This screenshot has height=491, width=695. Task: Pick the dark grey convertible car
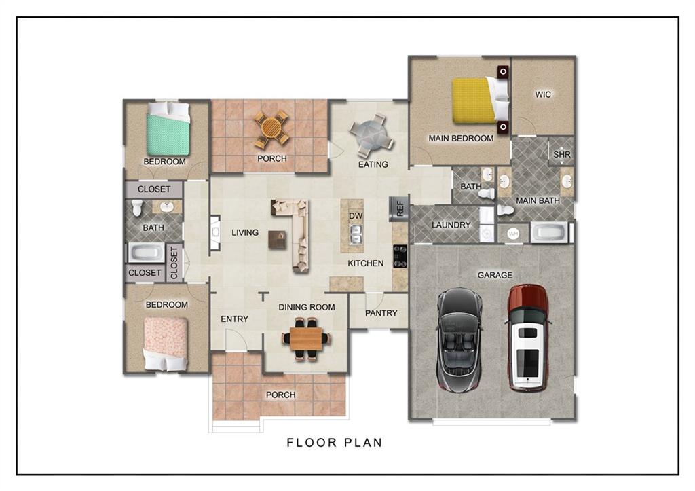coord(459,340)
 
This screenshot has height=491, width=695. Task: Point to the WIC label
coord(543,94)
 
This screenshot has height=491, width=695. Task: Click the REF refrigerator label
coord(400,208)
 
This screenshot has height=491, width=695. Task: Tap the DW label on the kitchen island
coord(356,216)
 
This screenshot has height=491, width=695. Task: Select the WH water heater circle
coord(513,234)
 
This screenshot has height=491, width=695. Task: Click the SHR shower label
coord(561,155)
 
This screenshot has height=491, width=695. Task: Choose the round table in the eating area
coord(371,135)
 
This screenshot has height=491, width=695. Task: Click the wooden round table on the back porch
coord(271,128)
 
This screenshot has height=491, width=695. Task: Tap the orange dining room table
coord(306,339)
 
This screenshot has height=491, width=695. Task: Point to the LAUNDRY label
coord(451,225)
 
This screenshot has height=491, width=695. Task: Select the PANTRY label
coord(381,313)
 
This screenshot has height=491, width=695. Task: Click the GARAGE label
coord(495,276)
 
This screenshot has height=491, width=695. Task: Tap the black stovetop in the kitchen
coord(400,257)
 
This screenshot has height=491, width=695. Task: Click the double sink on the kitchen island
coord(356,234)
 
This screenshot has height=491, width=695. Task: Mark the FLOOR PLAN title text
coord(335,442)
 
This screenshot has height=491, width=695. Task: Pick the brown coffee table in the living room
coord(278,240)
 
